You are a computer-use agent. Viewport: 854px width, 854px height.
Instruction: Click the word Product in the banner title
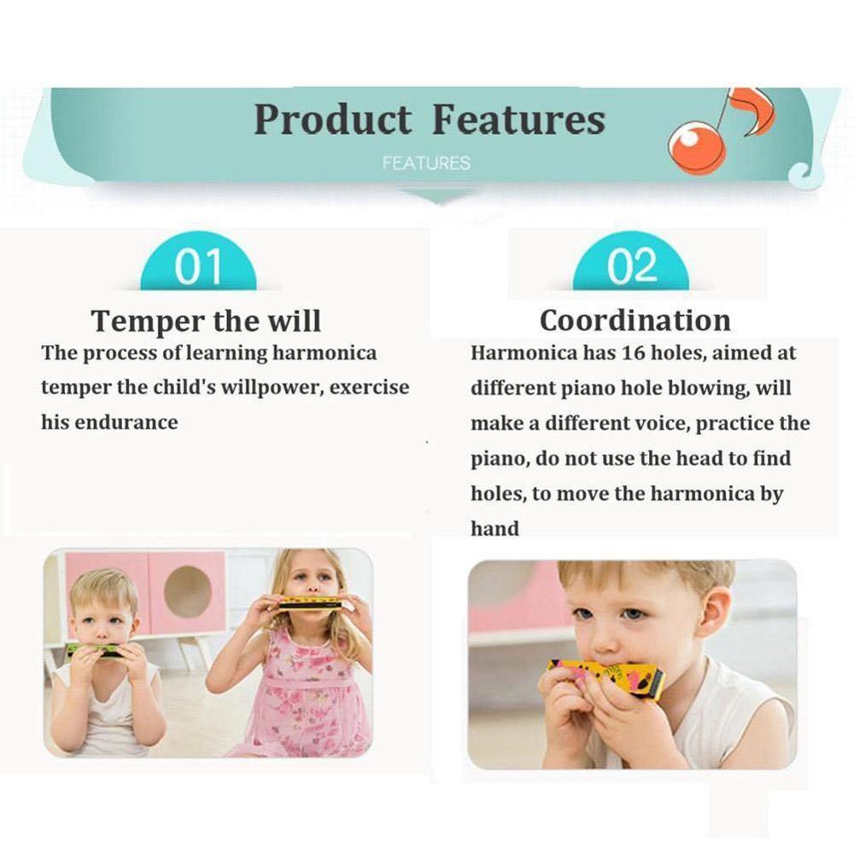[x=331, y=120]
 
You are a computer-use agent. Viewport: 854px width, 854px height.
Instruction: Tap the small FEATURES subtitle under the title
[x=426, y=162]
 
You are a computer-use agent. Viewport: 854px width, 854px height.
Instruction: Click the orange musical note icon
[x=722, y=132]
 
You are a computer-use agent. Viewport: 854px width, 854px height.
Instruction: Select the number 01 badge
[x=198, y=267]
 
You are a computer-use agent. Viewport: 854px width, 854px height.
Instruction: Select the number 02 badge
[x=631, y=267]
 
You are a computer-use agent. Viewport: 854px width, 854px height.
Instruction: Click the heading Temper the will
[x=206, y=321]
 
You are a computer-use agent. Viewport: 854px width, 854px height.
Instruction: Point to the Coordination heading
[x=635, y=321]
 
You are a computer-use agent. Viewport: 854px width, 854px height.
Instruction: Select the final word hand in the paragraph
[x=494, y=529]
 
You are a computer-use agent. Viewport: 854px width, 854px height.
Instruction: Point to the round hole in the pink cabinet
[x=188, y=592]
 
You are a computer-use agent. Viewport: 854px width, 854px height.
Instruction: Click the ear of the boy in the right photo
[x=714, y=611]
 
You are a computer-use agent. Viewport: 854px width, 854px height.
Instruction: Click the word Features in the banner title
[x=518, y=120]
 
